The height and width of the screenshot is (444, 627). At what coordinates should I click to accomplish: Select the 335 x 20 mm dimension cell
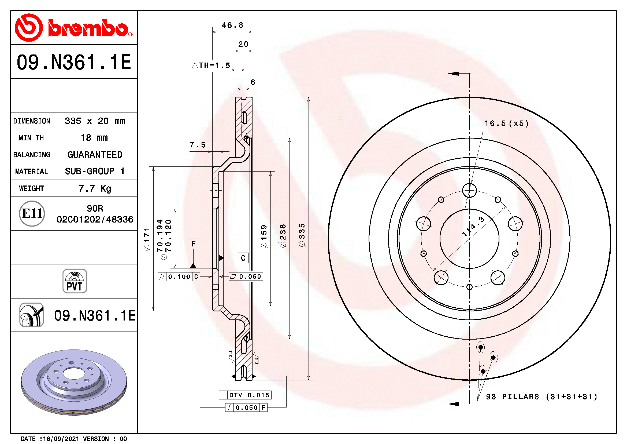pos(95,121)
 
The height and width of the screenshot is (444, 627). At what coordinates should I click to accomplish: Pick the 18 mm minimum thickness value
pos(94,137)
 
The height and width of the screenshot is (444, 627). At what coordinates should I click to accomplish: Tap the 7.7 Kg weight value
pos(95,188)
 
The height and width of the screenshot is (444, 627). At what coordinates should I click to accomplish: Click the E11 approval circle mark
pos(32,213)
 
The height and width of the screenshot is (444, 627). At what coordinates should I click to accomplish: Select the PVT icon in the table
pos(75,281)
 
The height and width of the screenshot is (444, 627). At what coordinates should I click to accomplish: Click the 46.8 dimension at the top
pos(232,25)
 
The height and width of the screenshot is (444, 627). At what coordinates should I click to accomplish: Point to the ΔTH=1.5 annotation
pos(211,65)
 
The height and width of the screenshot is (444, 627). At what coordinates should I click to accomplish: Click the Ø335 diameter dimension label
pos(302,235)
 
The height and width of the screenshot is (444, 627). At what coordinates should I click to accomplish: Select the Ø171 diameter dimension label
pos(147,239)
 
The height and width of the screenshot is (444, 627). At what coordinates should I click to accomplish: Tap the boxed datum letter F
pos(193,243)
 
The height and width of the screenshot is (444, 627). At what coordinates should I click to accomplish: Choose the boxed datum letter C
pos(243,258)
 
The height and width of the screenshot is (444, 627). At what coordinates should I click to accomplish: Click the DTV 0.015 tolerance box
pos(245,395)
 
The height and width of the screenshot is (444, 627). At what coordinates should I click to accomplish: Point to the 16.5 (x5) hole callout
pos(506,123)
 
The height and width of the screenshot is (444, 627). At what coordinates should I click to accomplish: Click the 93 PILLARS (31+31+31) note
pos(541,397)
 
